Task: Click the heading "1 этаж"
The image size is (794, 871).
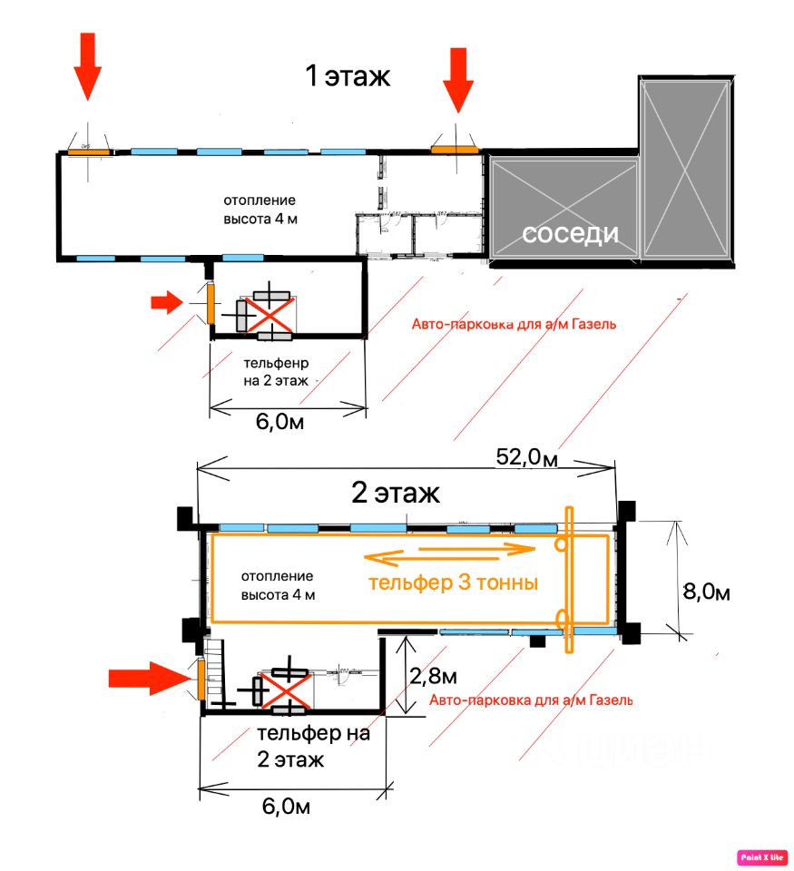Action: click(348, 76)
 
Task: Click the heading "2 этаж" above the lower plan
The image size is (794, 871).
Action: click(396, 494)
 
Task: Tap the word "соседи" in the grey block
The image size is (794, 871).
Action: click(570, 234)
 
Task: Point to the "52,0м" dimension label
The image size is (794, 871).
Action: click(527, 457)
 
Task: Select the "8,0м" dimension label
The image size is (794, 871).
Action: click(706, 592)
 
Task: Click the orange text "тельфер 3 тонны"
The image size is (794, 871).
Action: click(454, 583)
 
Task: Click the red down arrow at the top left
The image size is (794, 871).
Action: click(88, 65)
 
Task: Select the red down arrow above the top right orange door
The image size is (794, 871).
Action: click(458, 79)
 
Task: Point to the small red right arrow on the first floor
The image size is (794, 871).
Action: click(167, 303)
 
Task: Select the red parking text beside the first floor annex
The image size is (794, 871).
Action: click(514, 324)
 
